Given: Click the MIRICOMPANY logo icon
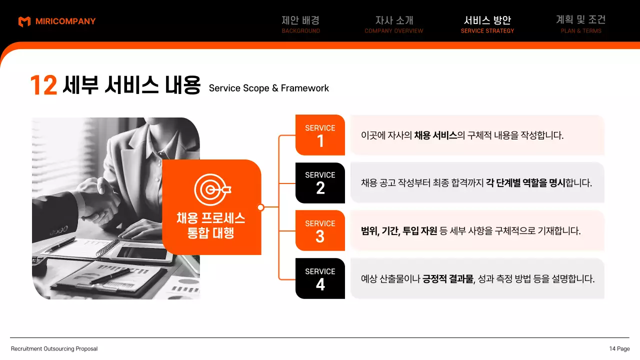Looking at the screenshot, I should [24, 21].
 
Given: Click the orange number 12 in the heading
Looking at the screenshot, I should [43, 85].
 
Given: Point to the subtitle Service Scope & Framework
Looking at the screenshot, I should [269, 88].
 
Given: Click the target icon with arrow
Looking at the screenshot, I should [211, 189].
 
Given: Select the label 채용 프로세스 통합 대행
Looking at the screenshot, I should [211, 225].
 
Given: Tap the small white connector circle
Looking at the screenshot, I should [260, 207].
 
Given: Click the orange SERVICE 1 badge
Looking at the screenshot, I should [320, 135].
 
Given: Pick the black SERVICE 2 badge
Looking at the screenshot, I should [320, 183].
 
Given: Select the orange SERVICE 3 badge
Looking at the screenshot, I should [320, 230].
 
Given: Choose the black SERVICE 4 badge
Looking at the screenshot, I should [320, 278].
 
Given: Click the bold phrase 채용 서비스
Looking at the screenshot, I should [435, 135].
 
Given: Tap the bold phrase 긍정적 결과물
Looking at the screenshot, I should [448, 279].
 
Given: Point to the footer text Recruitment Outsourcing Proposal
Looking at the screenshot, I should [54, 349].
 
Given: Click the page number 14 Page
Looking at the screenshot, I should [619, 349].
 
